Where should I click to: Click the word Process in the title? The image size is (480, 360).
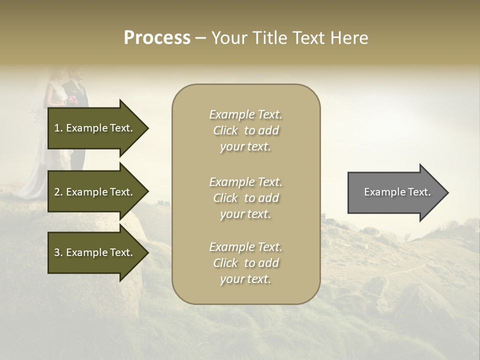pyautogui.click(x=157, y=37)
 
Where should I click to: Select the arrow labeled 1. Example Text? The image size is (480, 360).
pyautogui.click(x=95, y=128)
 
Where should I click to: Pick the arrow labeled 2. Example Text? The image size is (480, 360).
pyautogui.click(x=95, y=192)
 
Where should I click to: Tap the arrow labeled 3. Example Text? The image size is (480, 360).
pyautogui.click(x=95, y=252)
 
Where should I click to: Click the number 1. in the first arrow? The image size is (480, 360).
pyautogui.click(x=58, y=128)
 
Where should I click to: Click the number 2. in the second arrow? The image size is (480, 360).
pyautogui.click(x=58, y=192)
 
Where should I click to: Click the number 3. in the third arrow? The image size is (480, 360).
pyautogui.click(x=58, y=252)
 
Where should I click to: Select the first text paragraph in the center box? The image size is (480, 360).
pyautogui.click(x=245, y=130)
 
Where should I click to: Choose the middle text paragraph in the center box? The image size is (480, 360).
pyautogui.click(x=245, y=198)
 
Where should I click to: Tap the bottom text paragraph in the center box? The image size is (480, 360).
pyautogui.click(x=245, y=263)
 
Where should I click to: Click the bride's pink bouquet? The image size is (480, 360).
pyautogui.click(x=73, y=99)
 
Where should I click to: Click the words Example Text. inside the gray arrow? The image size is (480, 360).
pyautogui.click(x=397, y=192)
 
